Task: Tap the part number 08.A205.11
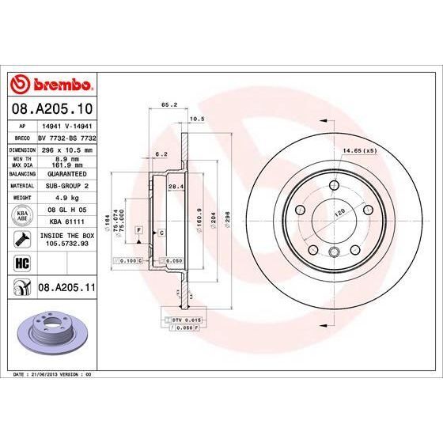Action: pyautogui.click(x=66, y=290)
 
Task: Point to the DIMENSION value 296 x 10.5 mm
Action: pyautogui.click(x=66, y=148)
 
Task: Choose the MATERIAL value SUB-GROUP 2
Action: pyautogui.click(x=66, y=186)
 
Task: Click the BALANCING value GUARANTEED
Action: pyautogui.click(x=66, y=173)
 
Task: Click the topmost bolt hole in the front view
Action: pyautogui.click(x=329, y=187)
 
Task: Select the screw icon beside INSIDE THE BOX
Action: pyautogui.click(x=18, y=237)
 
